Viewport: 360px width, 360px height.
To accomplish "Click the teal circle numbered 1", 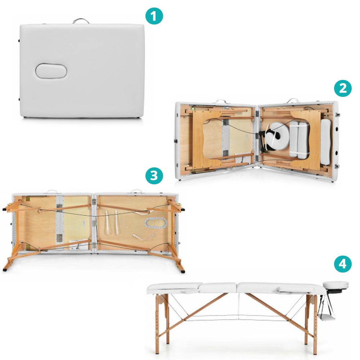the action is [154, 16].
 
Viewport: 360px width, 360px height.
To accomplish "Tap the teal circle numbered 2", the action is [343, 89].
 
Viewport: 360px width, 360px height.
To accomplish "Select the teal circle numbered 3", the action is [154, 176].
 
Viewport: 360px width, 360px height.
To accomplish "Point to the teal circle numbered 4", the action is [343, 264].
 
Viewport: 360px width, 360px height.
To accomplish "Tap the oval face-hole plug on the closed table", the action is [51, 71].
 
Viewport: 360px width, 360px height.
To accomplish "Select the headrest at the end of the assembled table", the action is [336, 285].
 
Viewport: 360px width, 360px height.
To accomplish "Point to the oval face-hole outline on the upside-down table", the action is [156, 223].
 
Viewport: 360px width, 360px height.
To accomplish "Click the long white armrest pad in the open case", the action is [325, 142].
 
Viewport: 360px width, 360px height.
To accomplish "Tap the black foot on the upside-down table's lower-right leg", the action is [183, 271].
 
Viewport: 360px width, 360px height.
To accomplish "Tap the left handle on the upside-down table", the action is [51, 191].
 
